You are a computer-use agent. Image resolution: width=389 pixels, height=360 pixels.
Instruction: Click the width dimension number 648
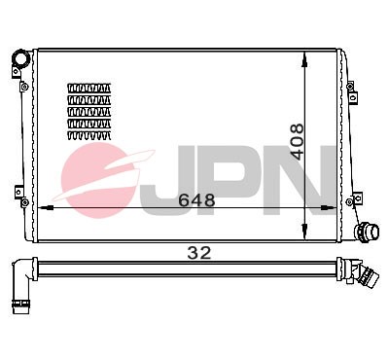click(x=195, y=199)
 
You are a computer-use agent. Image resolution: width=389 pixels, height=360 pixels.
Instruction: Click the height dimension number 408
click(x=298, y=142)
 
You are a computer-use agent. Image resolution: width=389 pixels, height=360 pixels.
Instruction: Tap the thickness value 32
click(x=199, y=253)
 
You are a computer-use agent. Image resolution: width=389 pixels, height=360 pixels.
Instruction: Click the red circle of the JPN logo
click(x=101, y=181)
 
